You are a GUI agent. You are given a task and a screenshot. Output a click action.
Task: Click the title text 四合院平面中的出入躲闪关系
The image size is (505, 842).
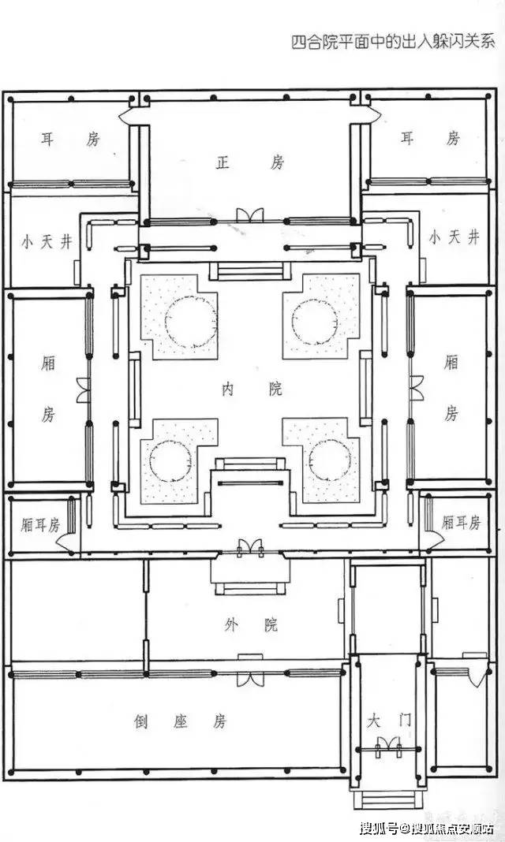tap(393, 43)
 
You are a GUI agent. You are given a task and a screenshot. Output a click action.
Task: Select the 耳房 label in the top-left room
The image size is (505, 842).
tap(70, 140)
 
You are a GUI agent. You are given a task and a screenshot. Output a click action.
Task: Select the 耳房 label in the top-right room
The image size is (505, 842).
tap(430, 139)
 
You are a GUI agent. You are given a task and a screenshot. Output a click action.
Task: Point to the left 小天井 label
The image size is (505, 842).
tap(47, 242)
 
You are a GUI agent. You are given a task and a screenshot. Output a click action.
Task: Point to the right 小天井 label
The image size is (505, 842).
tap(454, 237)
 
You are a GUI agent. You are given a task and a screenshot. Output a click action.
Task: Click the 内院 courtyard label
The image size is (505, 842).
tap(252, 389)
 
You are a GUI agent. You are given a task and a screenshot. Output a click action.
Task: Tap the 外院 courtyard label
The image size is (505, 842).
tap(252, 624)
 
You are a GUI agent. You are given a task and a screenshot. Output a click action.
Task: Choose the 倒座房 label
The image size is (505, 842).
tap(181, 721)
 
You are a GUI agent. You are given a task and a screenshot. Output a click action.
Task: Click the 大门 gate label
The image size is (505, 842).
tap(389, 720)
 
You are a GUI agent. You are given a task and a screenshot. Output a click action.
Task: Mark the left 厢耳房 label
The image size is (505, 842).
tap(40, 524)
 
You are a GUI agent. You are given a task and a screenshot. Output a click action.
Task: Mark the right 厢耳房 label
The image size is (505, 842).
tap(461, 523)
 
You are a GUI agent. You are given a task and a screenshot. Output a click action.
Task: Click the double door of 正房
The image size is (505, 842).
tap(250, 214)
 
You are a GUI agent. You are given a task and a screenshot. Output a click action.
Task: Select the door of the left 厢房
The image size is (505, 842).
tap(84, 389)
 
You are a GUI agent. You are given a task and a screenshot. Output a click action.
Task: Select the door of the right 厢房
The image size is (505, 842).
tap(417, 388)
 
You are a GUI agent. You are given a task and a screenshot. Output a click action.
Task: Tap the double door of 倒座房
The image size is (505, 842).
tap(250, 679)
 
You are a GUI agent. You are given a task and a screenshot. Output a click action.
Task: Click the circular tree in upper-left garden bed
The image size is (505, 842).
tap(191, 322)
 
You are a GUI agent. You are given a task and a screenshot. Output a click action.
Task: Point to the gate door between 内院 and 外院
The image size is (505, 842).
tap(250, 548)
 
